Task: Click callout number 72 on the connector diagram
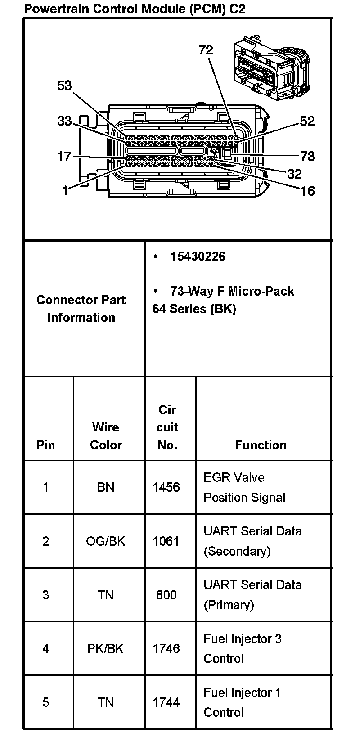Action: tap(206, 50)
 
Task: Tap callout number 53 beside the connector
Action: tap(64, 85)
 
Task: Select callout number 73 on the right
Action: tap(307, 156)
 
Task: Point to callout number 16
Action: tap(307, 191)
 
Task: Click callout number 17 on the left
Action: tap(64, 156)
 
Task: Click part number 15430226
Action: tap(198, 256)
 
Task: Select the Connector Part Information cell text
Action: tap(81, 309)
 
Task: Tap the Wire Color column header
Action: tap(106, 436)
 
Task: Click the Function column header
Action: tap(261, 445)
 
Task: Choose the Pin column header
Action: tap(45, 445)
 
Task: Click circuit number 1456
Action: tap(166, 487)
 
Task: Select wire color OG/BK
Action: tap(106, 541)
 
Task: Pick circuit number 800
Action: tap(166, 595)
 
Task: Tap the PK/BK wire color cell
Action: tap(106, 648)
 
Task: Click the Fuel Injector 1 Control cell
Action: tap(242, 702)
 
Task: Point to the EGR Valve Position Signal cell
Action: tap(244, 487)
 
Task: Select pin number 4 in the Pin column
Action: tap(45, 648)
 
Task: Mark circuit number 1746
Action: tap(166, 648)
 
